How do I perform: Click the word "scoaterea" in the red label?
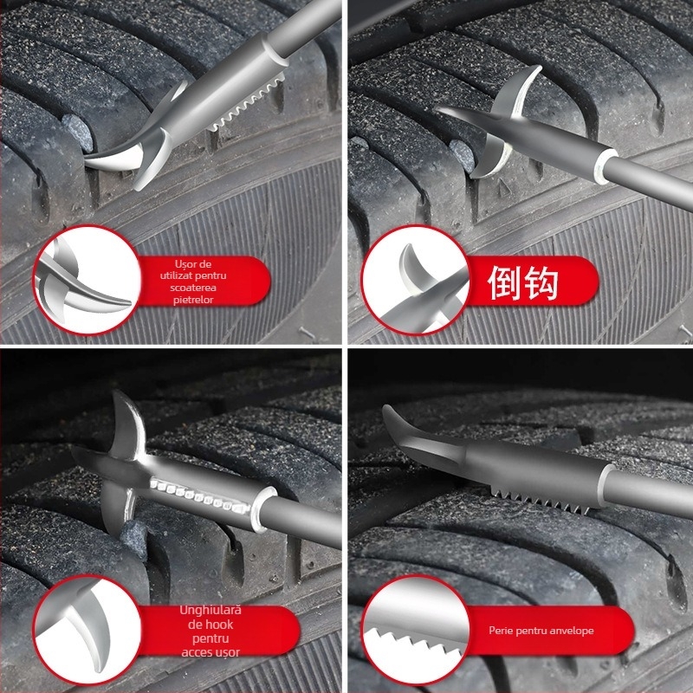198,288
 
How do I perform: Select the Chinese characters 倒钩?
522,283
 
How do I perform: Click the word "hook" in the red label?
219,625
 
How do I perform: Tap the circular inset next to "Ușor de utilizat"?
89,282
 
